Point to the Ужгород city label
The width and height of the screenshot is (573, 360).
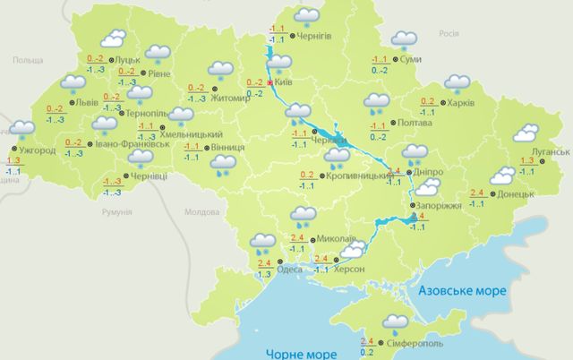(x=38, y=150)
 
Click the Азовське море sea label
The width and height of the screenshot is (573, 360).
(x=463, y=292)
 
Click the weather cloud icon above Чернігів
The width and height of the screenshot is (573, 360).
(x=307, y=16)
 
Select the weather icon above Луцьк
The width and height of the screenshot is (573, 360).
(x=112, y=39)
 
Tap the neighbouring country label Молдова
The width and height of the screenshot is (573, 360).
(x=201, y=212)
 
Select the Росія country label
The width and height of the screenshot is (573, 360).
(x=449, y=31)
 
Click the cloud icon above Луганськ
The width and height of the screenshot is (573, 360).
(x=525, y=133)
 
